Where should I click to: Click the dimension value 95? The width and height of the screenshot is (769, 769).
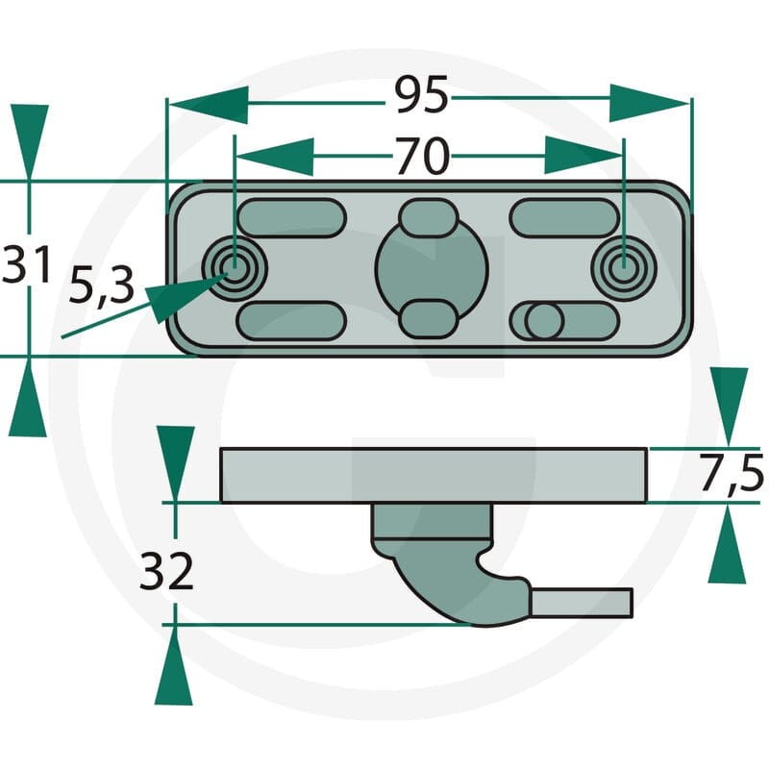click(x=422, y=94)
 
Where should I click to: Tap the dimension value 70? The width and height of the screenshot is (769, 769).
click(x=422, y=156)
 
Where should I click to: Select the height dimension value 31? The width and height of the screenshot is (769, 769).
click(x=26, y=264)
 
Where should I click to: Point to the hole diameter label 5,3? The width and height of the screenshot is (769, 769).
click(x=102, y=286)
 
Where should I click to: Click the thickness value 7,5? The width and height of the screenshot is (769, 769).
click(x=731, y=473)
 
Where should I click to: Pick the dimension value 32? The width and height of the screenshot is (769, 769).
click(x=166, y=571)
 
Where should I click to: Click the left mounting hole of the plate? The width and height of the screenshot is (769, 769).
click(x=235, y=268)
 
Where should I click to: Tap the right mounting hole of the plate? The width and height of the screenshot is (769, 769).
click(x=624, y=268)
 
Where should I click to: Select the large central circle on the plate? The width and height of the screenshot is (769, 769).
click(x=432, y=268)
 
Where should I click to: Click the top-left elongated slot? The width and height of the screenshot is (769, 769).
click(x=292, y=218)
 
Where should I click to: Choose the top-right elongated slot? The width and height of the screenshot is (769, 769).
click(x=564, y=218)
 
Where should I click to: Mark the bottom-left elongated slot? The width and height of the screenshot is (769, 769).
click(x=292, y=321)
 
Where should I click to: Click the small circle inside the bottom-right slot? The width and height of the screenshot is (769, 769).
click(x=544, y=321)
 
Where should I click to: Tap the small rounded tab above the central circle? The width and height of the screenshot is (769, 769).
click(x=429, y=218)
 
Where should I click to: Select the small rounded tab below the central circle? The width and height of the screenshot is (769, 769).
click(x=429, y=320)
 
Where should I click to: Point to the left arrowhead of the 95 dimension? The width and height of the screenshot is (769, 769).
click(x=208, y=105)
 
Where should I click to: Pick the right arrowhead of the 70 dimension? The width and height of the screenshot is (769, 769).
click(x=583, y=156)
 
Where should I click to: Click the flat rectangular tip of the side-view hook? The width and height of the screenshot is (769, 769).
click(x=583, y=603)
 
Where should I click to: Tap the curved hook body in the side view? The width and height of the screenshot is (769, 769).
click(x=441, y=583)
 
